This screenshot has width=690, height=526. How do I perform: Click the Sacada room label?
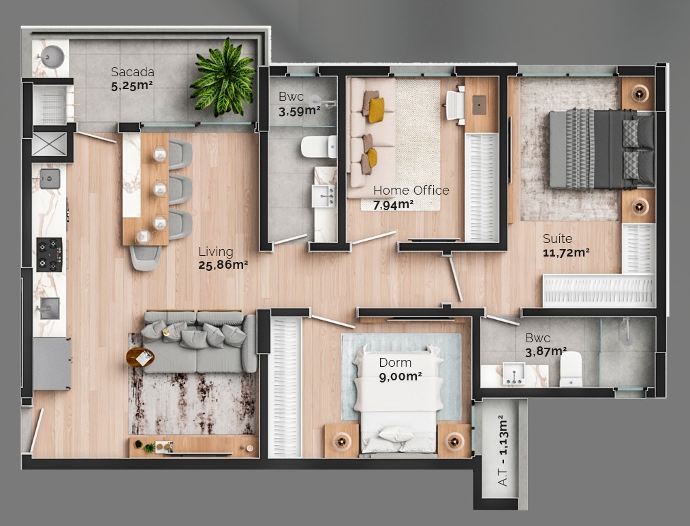pos(132,72)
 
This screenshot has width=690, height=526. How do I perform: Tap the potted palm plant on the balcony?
pos(222,77)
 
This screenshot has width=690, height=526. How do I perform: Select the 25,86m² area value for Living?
pos(223,265)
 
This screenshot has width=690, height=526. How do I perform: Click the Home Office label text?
pos(411,191)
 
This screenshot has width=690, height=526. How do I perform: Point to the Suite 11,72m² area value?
pos(565,252)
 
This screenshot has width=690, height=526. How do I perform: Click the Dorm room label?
pos(395,363)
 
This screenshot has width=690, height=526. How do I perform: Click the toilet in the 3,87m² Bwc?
pos(571,369)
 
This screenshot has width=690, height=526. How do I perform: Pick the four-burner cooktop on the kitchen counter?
pos(49,254)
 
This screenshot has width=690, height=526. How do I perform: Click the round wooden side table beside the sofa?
pos(140,357)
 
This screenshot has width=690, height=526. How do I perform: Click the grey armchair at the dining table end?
pos(146,257)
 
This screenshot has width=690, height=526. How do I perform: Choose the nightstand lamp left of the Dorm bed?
pos(341,440)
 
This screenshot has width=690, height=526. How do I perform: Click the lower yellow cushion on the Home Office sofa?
pos(371,158)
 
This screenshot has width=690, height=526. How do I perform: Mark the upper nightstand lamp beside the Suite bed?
pos(638,93)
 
